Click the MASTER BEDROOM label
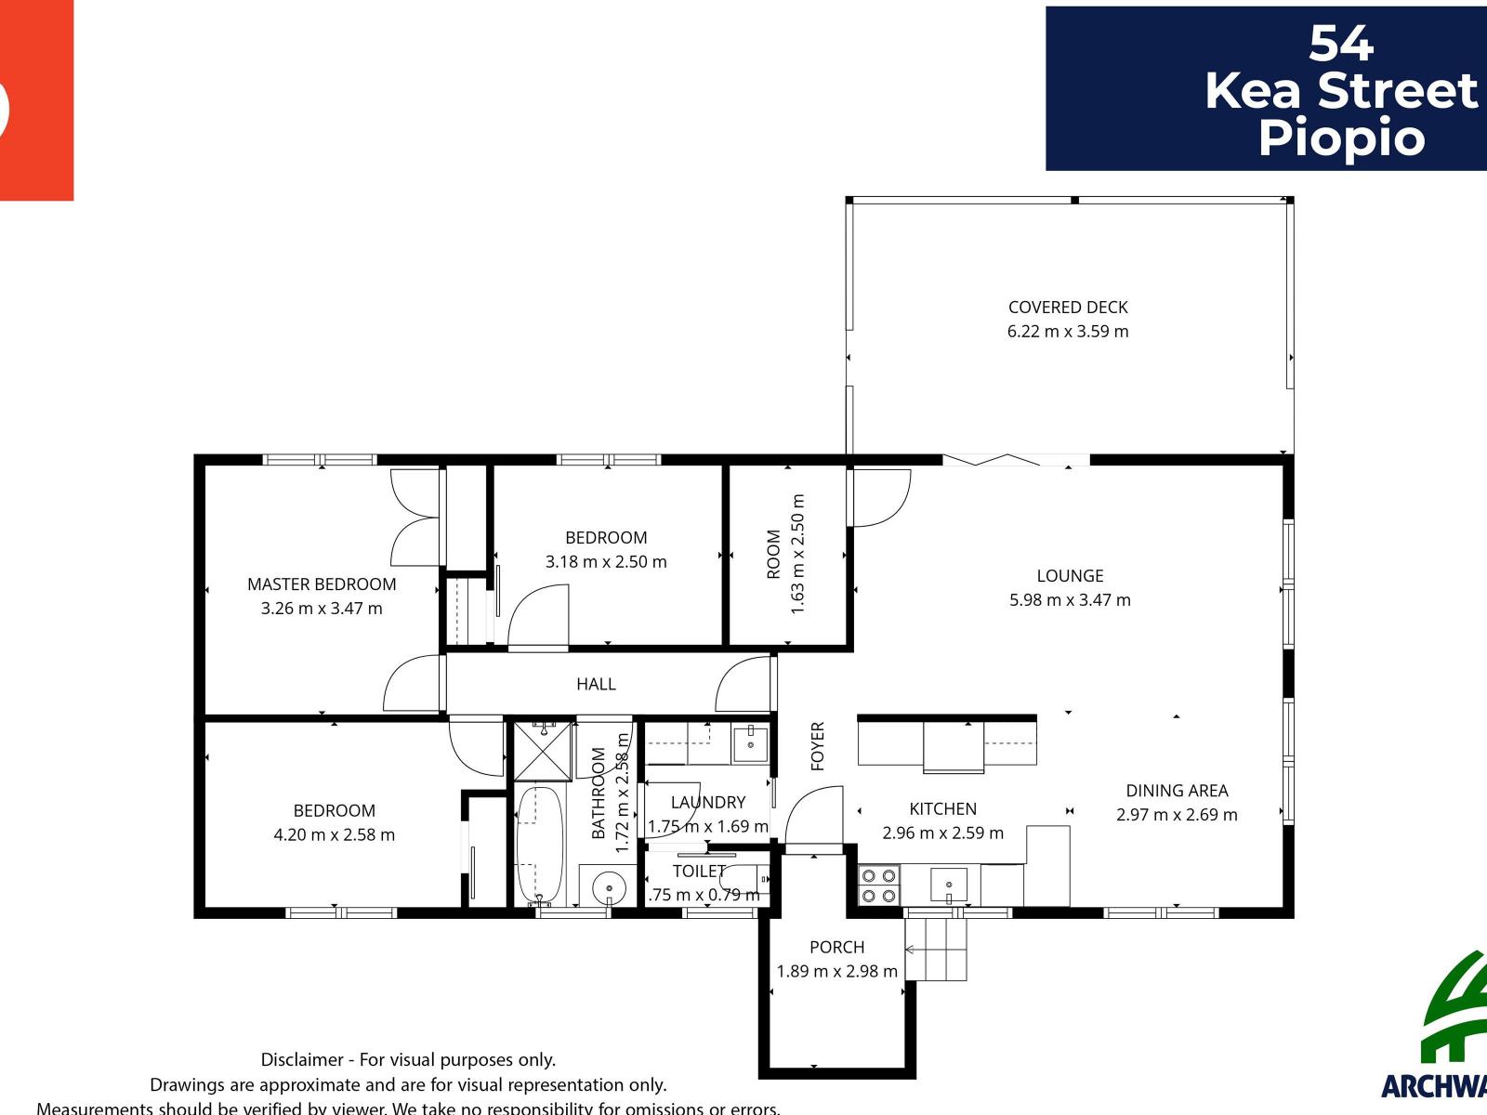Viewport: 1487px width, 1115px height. click(x=322, y=584)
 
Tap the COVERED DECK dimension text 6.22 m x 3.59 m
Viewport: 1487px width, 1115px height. click(x=1068, y=332)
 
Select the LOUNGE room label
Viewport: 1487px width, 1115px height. click(x=1070, y=576)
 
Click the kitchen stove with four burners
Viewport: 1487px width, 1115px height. click(x=878, y=885)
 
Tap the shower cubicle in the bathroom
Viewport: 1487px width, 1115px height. click(x=543, y=751)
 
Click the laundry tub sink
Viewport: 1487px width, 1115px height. click(x=750, y=744)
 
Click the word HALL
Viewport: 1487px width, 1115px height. click(x=596, y=684)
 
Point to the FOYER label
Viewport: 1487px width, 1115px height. click(x=818, y=746)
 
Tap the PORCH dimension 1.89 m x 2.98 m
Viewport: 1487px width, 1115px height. click(x=836, y=972)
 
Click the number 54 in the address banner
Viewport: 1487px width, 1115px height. click(x=1340, y=43)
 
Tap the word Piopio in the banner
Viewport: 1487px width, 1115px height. click(x=1340, y=138)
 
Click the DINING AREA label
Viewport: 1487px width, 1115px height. click(x=1177, y=791)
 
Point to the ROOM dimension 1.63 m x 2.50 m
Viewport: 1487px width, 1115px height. click(x=797, y=554)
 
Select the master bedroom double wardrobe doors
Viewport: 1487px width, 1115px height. click(x=415, y=518)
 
